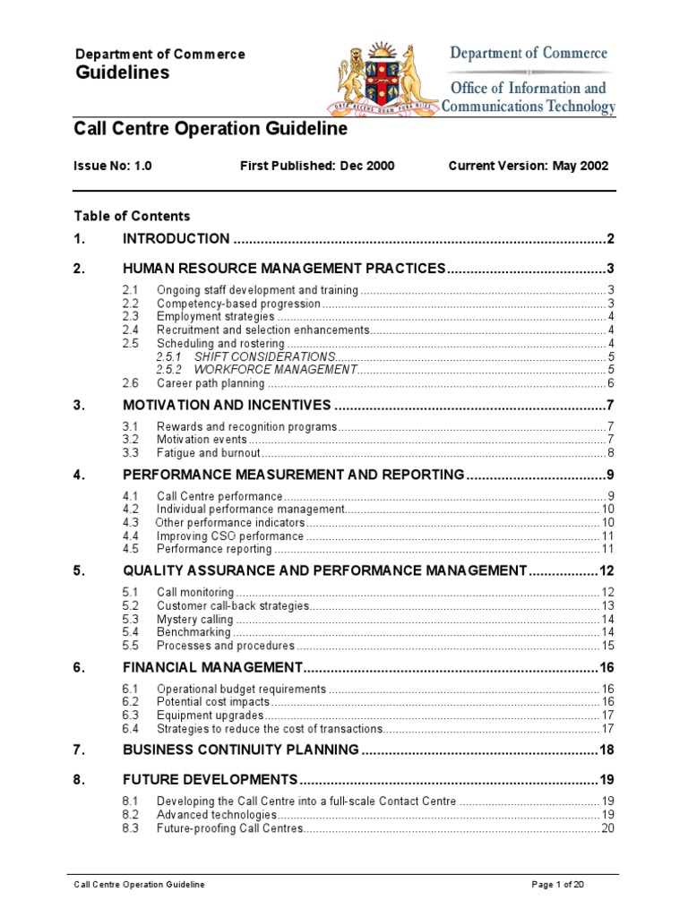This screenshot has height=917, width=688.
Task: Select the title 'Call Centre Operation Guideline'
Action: (x=210, y=129)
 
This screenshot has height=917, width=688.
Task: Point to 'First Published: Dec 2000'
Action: (x=317, y=166)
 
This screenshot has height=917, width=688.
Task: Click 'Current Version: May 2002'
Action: (x=528, y=166)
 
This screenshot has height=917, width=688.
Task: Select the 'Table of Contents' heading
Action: (x=132, y=216)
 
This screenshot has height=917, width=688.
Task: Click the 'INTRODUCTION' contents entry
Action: (x=176, y=238)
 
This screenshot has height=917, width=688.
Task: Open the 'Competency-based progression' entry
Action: (x=238, y=304)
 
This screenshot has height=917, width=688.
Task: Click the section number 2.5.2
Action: (x=168, y=369)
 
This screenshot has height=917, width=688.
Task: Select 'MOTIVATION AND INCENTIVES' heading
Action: (x=227, y=405)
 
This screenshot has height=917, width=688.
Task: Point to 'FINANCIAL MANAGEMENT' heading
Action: (x=213, y=667)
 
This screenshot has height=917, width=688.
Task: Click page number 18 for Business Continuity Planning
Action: (x=606, y=750)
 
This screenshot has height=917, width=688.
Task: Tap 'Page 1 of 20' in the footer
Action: (x=558, y=885)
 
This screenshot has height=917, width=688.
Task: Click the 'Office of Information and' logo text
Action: (x=528, y=88)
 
